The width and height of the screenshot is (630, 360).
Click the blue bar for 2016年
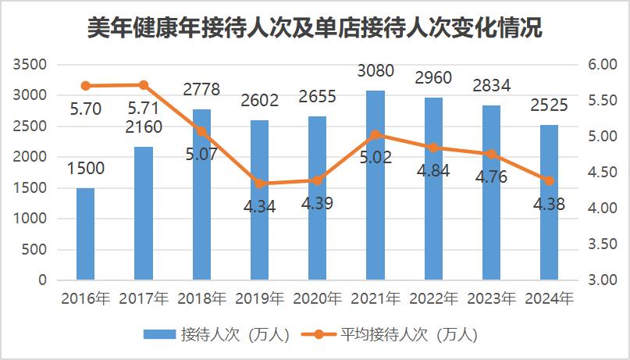(x=85, y=233)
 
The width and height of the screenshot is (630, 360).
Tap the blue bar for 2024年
(x=550, y=202)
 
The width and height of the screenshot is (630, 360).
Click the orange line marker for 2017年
(x=144, y=84)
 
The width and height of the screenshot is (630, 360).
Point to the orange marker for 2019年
(x=259, y=184)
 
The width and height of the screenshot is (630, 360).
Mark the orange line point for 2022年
(x=433, y=148)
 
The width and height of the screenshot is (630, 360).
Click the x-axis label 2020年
(x=318, y=298)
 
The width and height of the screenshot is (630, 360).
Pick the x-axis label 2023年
(x=492, y=298)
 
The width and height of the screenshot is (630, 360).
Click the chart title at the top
(x=315, y=28)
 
